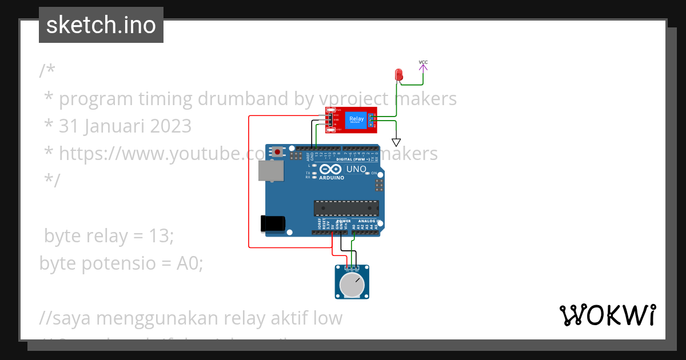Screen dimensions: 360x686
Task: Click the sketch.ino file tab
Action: pyautogui.click(x=101, y=25)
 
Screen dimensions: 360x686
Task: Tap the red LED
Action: pyautogui.click(x=399, y=75)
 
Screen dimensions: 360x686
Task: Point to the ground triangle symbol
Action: pyautogui.click(x=396, y=142)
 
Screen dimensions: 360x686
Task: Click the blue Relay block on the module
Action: pyautogui.click(x=356, y=120)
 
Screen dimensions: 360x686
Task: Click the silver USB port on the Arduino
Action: pyautogui.click(x=270, y=170)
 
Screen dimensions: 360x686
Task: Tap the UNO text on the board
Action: pyautogui.click(x=357, y=169)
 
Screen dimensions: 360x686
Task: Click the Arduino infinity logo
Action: pyautogui.click(x=331, y=170)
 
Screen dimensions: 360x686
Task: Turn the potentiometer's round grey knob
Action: pyautogui.click(x=352, y=285)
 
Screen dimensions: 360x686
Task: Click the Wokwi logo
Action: pyautogui.click(x=607, y=315)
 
